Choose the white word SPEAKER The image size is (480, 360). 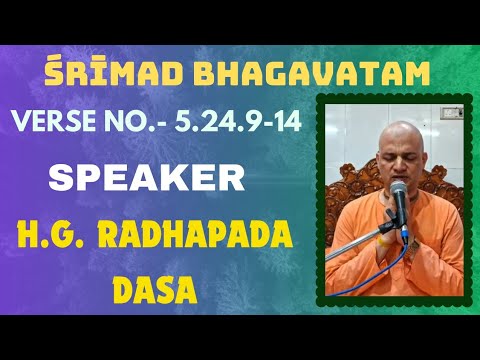147,180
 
